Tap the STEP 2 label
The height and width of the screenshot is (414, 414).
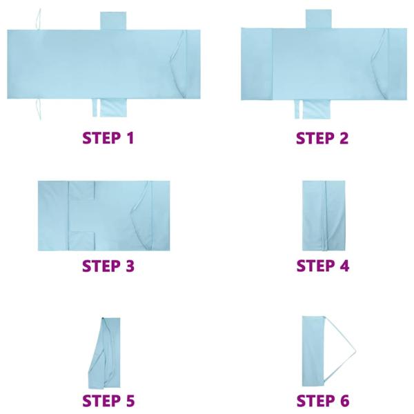[322, 137]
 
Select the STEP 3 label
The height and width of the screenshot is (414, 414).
[108, 266]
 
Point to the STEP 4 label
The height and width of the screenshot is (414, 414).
[322, 266]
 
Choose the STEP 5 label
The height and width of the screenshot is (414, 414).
[108, 400]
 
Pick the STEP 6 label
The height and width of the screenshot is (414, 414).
[322, 400]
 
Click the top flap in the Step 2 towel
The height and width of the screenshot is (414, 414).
[319, 19]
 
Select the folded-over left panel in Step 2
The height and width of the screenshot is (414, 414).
[257, 64]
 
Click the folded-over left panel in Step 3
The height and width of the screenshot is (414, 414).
[53, 215]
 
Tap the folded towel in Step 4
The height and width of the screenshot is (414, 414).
[324, 215]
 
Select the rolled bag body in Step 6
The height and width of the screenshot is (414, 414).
[314, 351]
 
